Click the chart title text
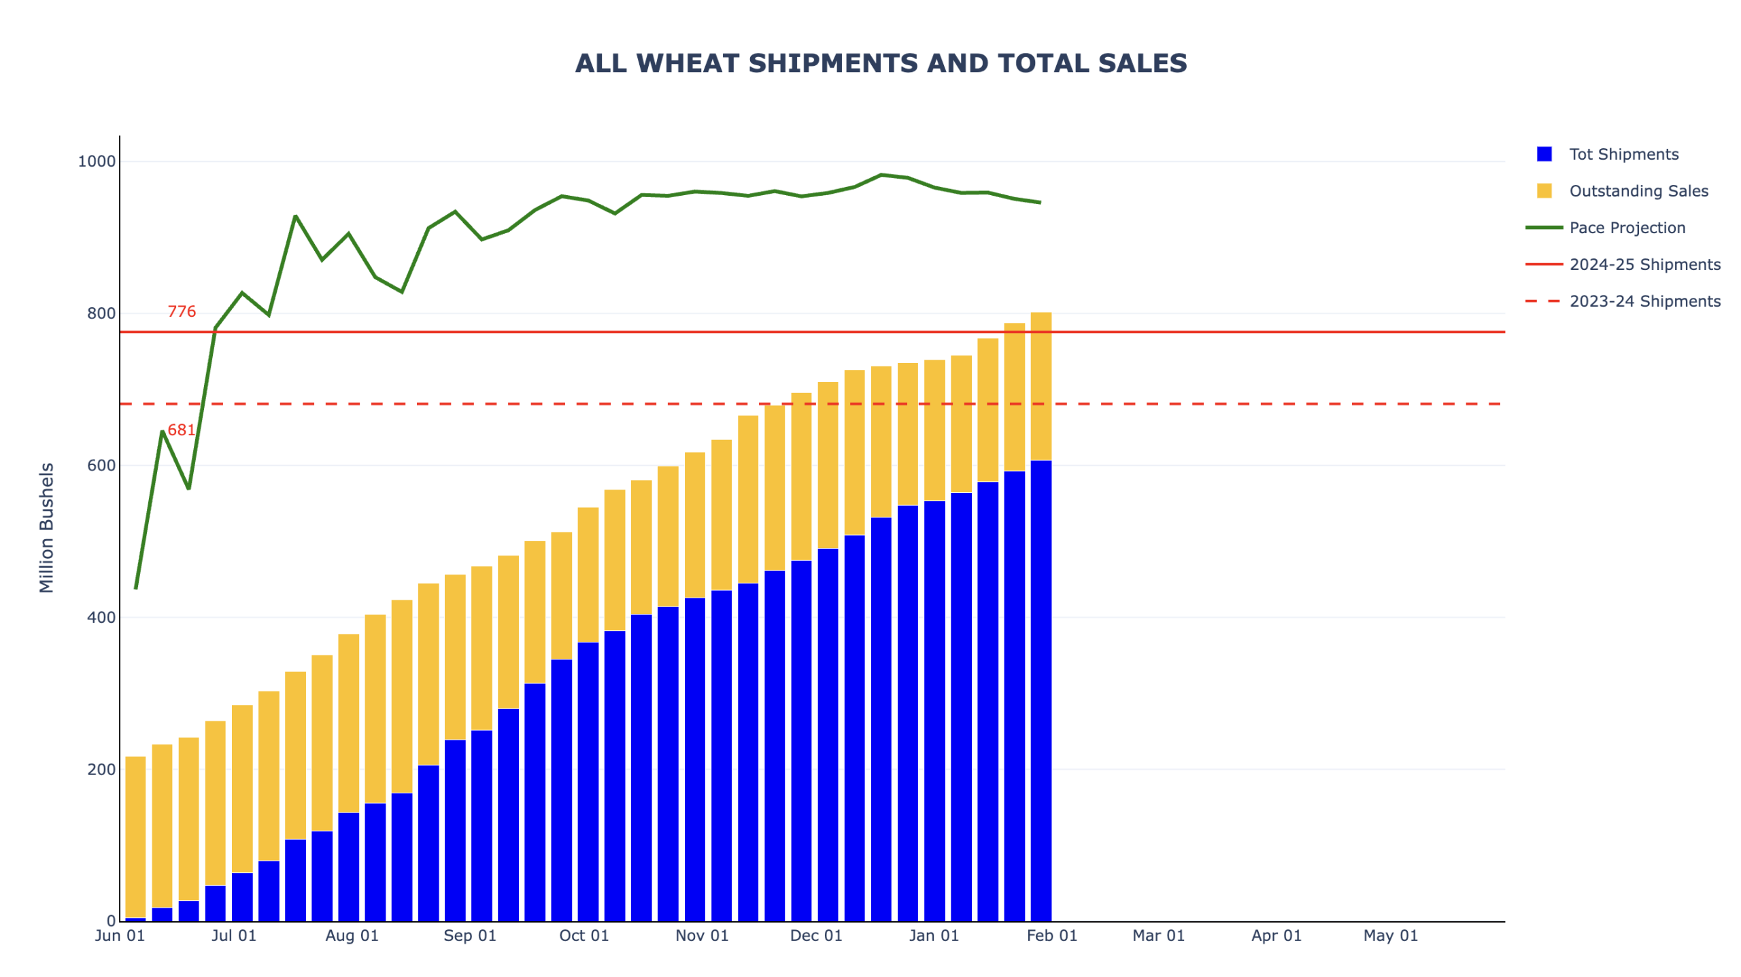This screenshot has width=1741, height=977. click(880, 63)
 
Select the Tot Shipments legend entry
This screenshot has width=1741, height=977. click(1622, 154)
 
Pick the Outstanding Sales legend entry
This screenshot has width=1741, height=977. click(1637, 190)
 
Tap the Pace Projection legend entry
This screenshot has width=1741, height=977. click(1626, 227)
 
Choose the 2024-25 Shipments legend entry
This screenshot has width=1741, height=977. click(1643, 264)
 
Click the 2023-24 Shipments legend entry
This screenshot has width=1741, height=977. click(1643, 301)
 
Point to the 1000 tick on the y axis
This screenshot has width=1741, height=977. click(97, 161)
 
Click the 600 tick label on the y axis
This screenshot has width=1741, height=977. click(101, 465)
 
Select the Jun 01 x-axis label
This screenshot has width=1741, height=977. click(120, 935)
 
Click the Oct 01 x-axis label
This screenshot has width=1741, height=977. click(584, 935)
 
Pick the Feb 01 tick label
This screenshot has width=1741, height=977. click(1051, 935)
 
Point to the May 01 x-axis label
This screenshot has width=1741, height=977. click(1390, 935)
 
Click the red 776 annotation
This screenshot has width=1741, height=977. click(182, 311)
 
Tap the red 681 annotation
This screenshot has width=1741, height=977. click(181, 430)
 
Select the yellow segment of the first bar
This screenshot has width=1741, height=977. click(135, 836)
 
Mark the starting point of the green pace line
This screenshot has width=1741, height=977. click(136, 588)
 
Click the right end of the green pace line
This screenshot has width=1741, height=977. click(1040, 202)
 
